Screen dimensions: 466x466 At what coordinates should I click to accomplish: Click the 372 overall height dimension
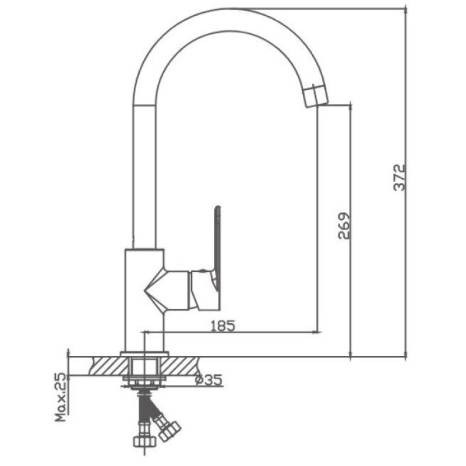tap(399, 177)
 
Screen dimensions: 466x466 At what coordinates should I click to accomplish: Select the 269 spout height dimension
tap(345, 225)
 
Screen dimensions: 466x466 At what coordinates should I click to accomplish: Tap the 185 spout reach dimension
tap(223, 326)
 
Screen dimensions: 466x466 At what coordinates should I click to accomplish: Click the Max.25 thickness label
tap(61, 397)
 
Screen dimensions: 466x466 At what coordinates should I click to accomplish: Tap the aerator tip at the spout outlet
tap(316, 95)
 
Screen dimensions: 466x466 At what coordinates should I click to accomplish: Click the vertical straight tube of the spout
tap(144, 177)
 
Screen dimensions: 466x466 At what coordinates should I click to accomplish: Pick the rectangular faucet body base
tap(144, 300)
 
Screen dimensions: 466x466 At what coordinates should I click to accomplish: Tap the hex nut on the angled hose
tap(170, 431)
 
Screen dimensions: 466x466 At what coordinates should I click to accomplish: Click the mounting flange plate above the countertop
tap(144, 354)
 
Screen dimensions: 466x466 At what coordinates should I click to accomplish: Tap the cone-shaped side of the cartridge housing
tap(154, 290)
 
